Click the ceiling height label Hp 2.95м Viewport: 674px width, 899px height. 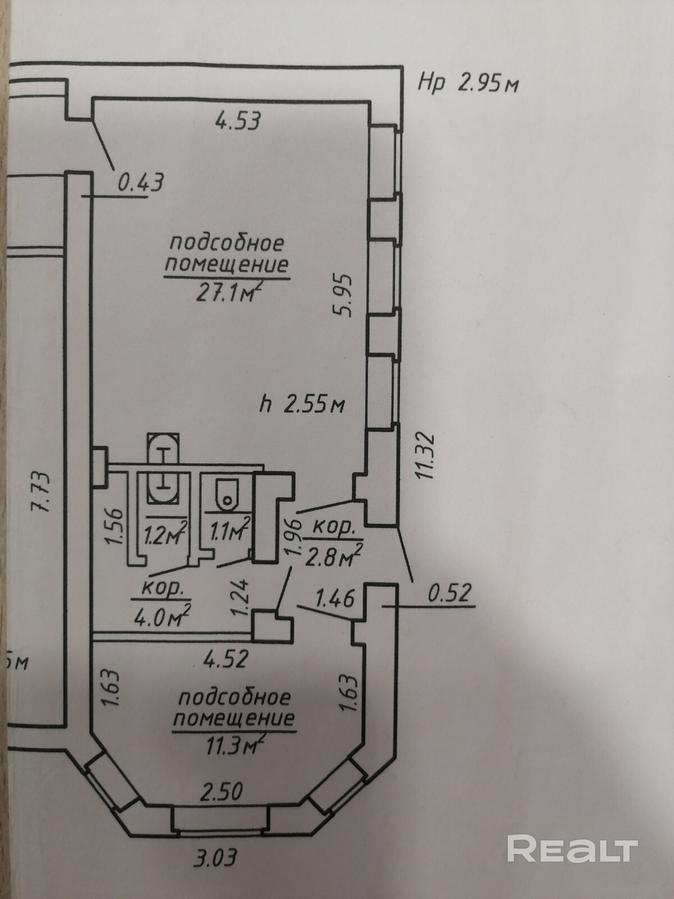467,84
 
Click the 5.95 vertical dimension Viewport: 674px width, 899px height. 343,296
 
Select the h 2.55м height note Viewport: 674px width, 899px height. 303,404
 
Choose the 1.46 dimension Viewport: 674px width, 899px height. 335,598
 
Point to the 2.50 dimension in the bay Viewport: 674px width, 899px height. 222,792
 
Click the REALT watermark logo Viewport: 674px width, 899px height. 572,833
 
